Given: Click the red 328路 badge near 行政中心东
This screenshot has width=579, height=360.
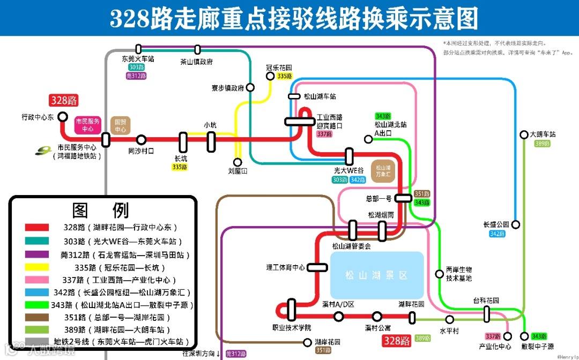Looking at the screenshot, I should click(x=64, y=100).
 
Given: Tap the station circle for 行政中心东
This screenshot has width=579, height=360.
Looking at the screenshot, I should click(x=63, y=116).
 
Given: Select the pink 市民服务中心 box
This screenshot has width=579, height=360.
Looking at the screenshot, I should click(x=87, y=125).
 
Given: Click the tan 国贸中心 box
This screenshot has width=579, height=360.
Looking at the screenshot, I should click(x=121, y=125).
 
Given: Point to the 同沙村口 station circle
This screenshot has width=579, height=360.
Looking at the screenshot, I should click(x=141, y=140).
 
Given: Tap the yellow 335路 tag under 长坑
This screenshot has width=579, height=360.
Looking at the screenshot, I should click(x=180, y=167).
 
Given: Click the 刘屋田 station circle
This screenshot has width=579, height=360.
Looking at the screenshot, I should click(x=237, y=162).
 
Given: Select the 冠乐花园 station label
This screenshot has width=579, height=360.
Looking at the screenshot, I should click(x=279, y=68).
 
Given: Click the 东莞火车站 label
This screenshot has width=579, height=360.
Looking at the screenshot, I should click(x=138, y=59).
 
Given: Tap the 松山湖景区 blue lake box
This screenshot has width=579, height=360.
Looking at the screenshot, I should click(x=376, y=275).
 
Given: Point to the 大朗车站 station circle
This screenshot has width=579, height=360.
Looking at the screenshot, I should click(x=524, y=135).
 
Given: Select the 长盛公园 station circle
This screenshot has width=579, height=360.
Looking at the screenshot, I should click(x=515, y=224).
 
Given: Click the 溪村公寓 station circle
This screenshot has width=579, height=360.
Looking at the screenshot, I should click(x=377, y=317).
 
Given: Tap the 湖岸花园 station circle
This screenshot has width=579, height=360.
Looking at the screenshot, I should click(x=307, y=342).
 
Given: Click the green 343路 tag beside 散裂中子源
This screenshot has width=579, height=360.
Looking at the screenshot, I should click(x=539, y=336).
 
